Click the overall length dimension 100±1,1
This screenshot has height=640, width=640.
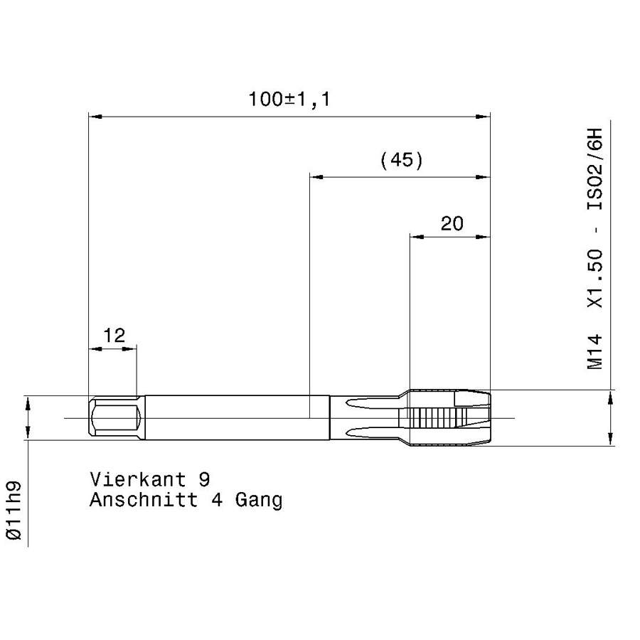point(289,100)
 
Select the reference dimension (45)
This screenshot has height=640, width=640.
point(402,161)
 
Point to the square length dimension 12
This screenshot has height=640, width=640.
point(113,335)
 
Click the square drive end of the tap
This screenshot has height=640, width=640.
point(113,418)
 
